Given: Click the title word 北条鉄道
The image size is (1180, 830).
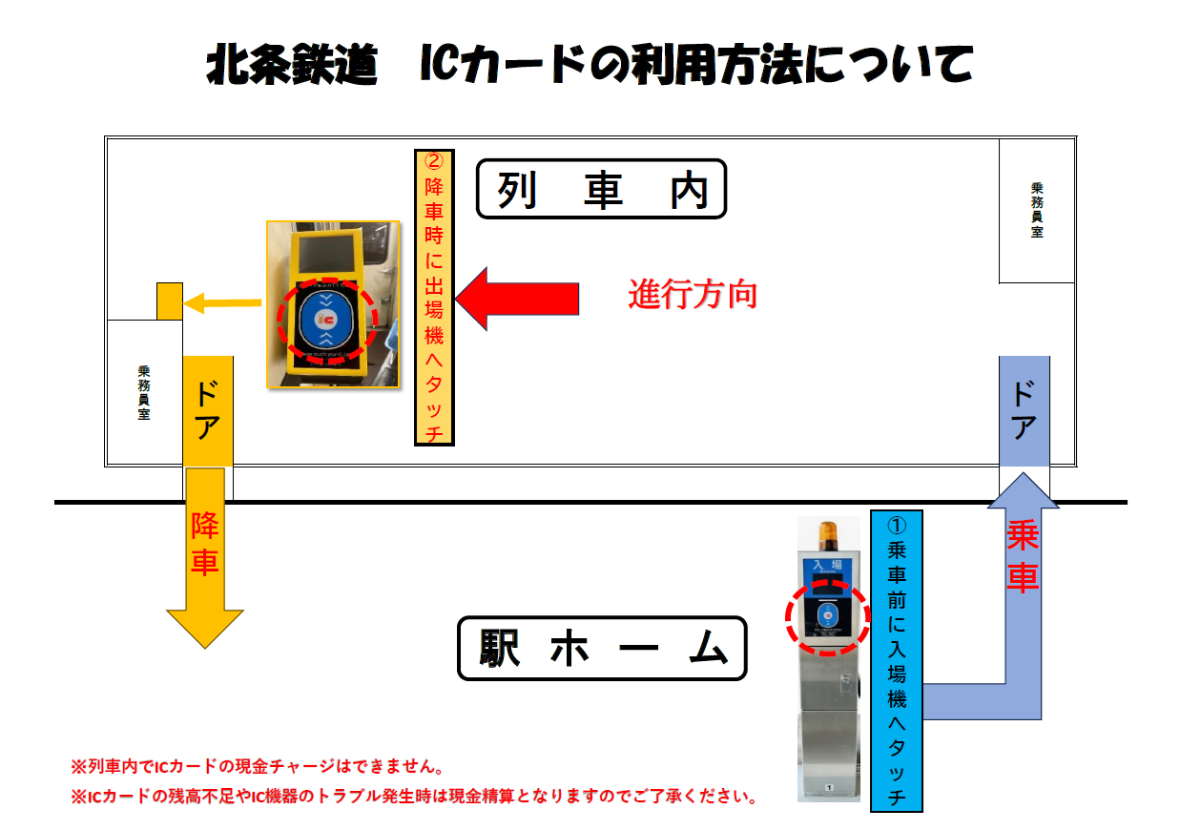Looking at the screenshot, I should click(x=292, y=65).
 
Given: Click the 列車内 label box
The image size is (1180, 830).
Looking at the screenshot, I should click(x=601, y=189).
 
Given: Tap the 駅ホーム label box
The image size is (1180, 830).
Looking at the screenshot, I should click(x=601, y=649).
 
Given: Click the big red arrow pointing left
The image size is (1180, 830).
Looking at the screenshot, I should click(x=518, y=299).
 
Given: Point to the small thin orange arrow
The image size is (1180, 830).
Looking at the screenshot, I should click(x=222, y=303).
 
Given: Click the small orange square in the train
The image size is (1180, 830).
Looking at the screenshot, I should click(x=170, y=301).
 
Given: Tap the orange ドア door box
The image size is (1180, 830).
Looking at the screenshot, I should click(x=207, y=410).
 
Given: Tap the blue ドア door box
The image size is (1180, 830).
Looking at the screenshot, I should click(x=1024, y=410).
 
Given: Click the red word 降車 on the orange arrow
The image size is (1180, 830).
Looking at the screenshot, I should click(x=204, y=544).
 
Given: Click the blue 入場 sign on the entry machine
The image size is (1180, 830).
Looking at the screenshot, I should click(x=825, y=568).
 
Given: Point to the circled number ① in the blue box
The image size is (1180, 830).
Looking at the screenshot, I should click(x=897, y=525).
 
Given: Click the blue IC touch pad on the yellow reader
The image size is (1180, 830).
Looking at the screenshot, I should click(x=326, y=318).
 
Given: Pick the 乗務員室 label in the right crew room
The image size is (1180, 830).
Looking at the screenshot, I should click(x=1037, y=210).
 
